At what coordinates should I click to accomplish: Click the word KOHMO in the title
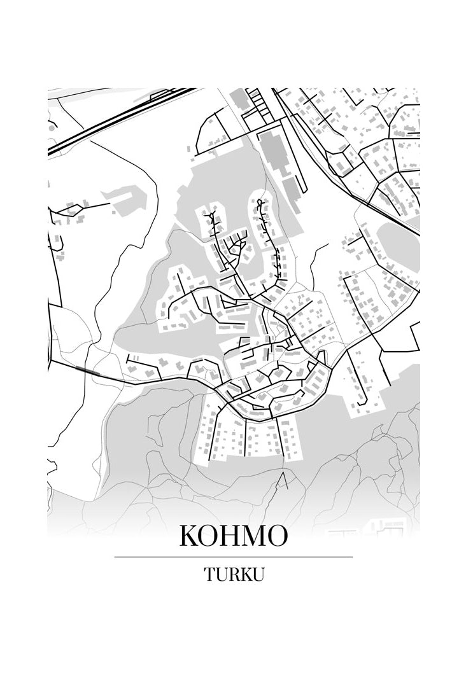pos(233,536)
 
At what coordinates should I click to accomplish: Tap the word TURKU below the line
pos(234,574)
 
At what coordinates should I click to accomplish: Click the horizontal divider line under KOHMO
pos(233,557)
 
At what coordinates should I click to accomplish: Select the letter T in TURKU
pos(210,574)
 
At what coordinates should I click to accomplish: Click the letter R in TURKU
pos(234,574)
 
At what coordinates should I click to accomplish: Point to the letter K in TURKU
pos(245,574)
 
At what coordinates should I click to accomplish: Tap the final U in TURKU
pos(258,574)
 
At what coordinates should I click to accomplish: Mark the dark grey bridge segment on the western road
pos(87,370)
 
